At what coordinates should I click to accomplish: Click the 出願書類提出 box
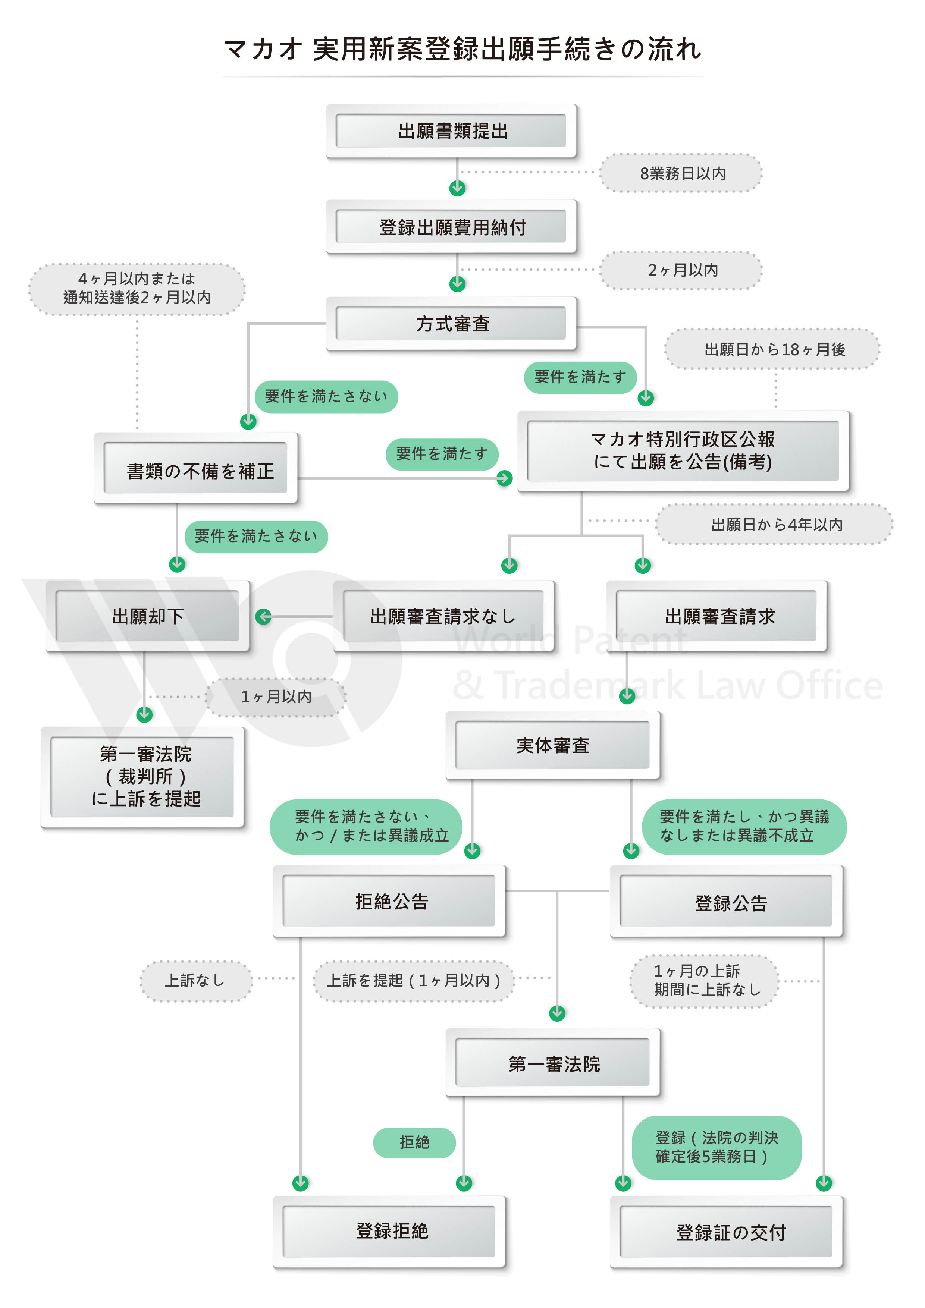451,131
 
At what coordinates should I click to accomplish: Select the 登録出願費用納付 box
451,227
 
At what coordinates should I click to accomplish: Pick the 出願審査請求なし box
443,616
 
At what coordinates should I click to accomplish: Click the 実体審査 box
552,745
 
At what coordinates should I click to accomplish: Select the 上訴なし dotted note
195,980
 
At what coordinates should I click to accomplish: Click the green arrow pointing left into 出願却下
263,616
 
